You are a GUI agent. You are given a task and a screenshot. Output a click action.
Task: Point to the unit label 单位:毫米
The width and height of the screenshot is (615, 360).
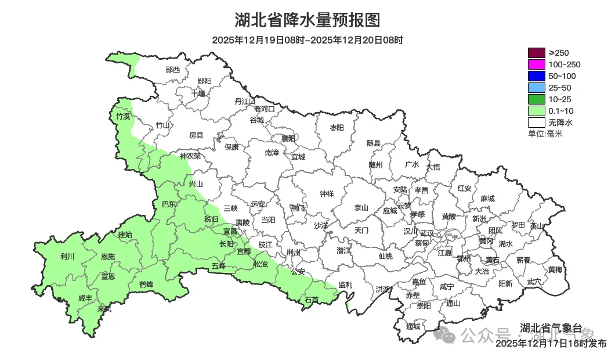(x=545, y=134)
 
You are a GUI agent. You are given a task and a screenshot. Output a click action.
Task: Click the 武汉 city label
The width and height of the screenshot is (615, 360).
(x=426, y=232)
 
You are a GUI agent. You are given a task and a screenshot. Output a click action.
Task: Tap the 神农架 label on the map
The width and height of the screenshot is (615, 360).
(x=190, y=156)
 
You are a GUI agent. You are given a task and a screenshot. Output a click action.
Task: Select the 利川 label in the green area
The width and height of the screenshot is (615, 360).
(x=67, y=256)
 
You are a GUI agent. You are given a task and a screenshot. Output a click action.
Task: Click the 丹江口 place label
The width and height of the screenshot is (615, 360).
(x=245, y=101)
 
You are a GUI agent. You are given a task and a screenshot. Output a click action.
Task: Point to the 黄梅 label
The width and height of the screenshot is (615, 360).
(x=555, y=269)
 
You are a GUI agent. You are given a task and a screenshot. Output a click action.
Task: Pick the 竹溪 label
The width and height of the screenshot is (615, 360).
(x=123, y=117)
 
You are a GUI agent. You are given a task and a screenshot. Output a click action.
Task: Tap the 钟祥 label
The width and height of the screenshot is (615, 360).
(x=327, y=194)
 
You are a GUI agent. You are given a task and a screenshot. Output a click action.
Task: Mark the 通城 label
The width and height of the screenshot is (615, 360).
(x=413, y=326)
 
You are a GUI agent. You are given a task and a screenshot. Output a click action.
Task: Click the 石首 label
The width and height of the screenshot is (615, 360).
(x=312, y=300)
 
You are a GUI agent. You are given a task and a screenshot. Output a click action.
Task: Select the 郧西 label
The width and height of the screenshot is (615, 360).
(x=173, y=70)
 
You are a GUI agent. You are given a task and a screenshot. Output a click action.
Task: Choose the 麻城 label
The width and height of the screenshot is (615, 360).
(x=487, y=199)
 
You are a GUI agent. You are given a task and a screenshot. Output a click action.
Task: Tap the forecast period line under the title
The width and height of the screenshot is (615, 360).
(x=307, y=40)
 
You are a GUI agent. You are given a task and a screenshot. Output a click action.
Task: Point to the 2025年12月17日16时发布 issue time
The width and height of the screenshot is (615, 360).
(x=551, y=344)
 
